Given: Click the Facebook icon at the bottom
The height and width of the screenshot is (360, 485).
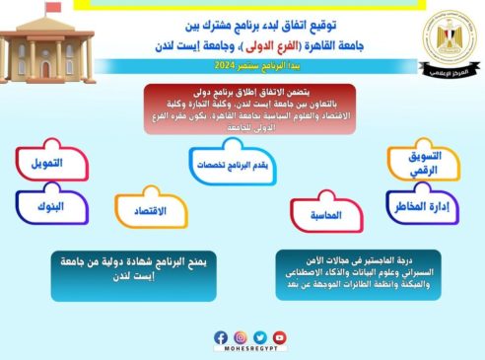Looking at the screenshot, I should point(221,336).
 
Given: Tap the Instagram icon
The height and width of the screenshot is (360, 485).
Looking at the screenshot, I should point(241,336).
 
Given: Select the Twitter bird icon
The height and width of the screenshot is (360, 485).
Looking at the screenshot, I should point(260,336).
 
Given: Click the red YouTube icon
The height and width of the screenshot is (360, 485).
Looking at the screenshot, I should point(280,336).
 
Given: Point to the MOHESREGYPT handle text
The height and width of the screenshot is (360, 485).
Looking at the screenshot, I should point(250,351).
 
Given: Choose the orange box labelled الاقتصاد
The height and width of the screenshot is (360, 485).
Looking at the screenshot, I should point(150,210).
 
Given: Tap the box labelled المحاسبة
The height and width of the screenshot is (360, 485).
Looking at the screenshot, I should point(326,214).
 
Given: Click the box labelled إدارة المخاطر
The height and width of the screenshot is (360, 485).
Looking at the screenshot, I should point(422,205).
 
